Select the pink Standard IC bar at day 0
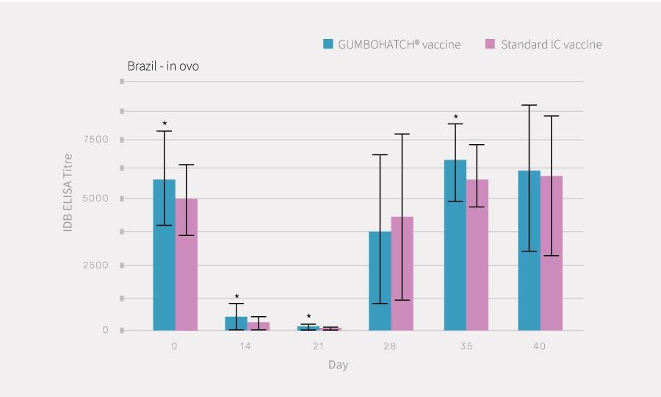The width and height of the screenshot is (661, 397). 187,264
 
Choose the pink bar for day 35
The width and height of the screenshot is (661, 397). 477,254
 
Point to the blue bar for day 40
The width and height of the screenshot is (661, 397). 529,250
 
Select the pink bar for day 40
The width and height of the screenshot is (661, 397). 552,253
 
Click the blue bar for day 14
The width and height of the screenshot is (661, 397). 236,323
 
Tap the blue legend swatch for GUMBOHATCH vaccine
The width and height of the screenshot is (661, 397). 328,44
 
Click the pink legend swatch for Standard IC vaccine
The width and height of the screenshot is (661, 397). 491,44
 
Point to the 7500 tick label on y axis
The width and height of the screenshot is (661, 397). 95,140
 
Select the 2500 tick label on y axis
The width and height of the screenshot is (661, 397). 95,265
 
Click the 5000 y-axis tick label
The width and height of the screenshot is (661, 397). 95,198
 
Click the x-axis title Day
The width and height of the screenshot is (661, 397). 338,365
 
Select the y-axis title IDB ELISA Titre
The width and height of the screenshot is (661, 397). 68,193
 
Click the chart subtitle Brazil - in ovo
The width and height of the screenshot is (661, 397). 163,66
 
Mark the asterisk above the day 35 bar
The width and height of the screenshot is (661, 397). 455,117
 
